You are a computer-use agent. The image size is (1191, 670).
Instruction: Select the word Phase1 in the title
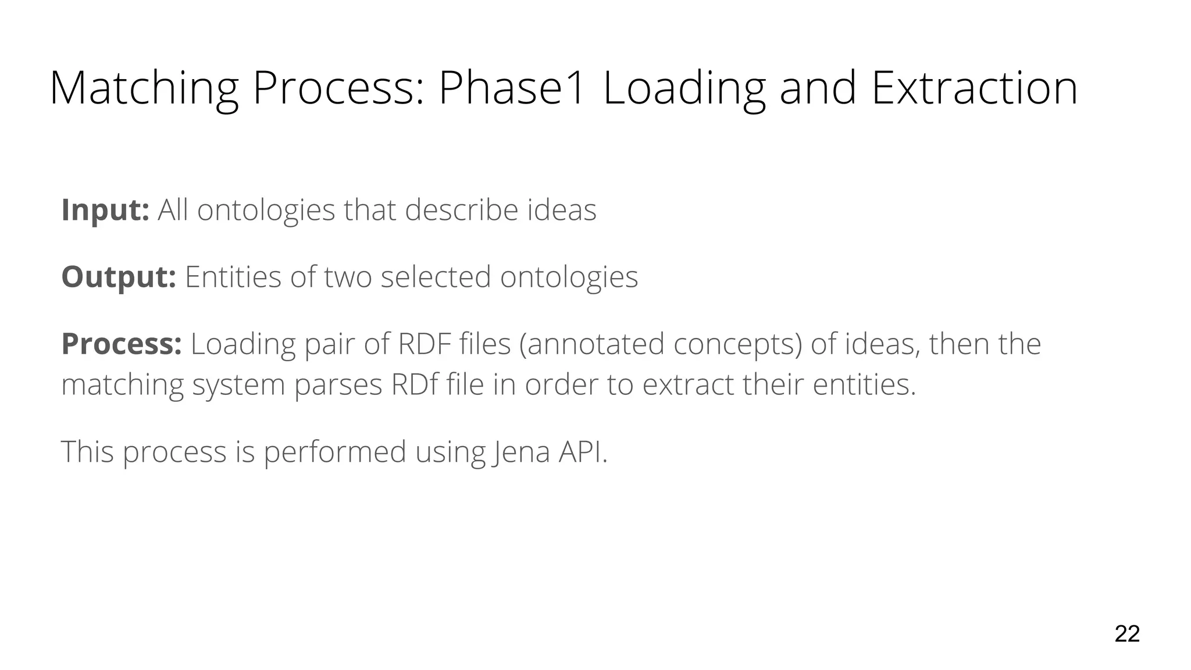pos(511,88)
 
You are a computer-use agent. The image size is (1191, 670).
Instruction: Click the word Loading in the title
pos(684,88)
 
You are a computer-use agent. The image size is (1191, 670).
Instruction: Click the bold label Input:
pos(105,210)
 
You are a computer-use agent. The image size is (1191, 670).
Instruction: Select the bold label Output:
pos(119,277)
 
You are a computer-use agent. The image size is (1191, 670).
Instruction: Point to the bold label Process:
pos(122,344)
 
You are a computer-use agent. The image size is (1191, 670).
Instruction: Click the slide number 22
pos(1126,634)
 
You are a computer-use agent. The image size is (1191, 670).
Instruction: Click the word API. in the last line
pos(583,452)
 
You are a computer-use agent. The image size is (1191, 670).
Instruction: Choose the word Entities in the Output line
pos(233,277)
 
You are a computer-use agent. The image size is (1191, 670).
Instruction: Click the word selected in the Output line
pos(436,277)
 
